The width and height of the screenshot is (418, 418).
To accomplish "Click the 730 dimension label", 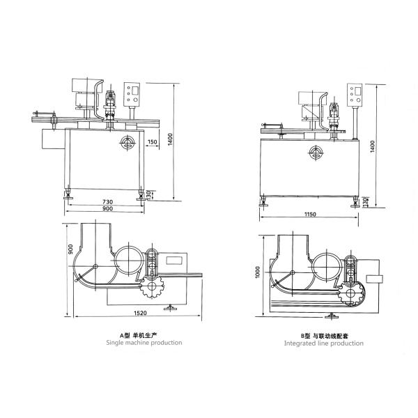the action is (x=107, y=202).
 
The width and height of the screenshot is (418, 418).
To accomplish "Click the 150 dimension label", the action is (x=152, y=142).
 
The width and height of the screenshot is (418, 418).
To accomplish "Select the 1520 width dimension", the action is (x=140, y=313).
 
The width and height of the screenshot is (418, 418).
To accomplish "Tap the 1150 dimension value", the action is (x=310, y=214).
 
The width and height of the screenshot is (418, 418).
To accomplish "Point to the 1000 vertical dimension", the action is (x=258, y=272).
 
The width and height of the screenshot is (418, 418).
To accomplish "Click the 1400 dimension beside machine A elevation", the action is (x=171, y=139).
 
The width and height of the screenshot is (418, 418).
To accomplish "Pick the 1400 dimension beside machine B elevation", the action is (x=373, y=146).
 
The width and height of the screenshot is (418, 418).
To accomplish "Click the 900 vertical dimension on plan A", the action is (x=70, y=249).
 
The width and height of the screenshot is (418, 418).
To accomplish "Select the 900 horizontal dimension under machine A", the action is (x=107, y=209).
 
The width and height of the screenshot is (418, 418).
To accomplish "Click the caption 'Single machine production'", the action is (x=144, y=343).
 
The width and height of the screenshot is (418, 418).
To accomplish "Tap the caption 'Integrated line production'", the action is (x=324, y=343).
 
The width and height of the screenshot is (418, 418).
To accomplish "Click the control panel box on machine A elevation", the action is (x=132, y=94).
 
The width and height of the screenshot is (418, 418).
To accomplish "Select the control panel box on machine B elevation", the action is (x=355, y=95).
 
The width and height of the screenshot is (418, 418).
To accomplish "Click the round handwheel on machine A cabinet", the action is (x=127, y=143).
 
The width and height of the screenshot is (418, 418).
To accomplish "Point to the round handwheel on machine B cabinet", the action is (x=316, y=153).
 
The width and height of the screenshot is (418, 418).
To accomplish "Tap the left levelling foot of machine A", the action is (x=68, y=194).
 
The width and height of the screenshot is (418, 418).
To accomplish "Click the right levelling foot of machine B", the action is (x=355, y=201).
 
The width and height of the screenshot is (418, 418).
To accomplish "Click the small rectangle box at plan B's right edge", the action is (x=375, y=279).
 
